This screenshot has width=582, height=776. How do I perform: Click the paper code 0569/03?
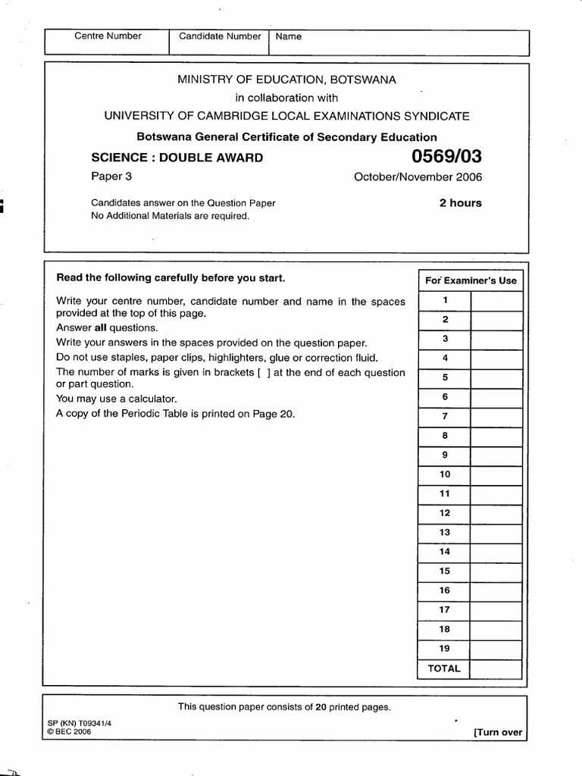pyautogui.click(x=446, y=158)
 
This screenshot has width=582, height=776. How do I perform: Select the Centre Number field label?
pyautogui.click(x=107, y=36)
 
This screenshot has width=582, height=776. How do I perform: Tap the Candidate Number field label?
pyautogui.click(x=220, y=36)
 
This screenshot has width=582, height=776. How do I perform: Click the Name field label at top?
pyautogui.click(x=289, y=36)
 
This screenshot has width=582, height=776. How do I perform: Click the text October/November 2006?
pyautogui.click(x=418, y=178)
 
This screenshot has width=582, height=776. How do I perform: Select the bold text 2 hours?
pyautogui.click(x=460, y=203)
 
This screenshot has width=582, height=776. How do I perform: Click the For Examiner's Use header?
pyautogui.click(x=471, y=280)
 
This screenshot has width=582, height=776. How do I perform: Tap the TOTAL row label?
pyautogui.click(x=444, y=668)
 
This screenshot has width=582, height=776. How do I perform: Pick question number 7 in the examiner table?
pyautogui.click(x=445, y=416)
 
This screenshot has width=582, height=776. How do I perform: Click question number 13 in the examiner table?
pyautogui.click(x=445, y=532)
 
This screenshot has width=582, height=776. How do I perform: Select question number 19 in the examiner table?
pyautogui.click(x=445, y=649)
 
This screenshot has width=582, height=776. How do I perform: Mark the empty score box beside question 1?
pyautogui.click(x=496, y=301)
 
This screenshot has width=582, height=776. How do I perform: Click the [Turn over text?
pyautogui.click(x=497, y=732)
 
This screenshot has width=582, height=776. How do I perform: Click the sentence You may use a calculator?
pyautogui.click(x=116, y=399)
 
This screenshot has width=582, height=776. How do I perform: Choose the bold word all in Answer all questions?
pyautogui.click(x=101, y=328)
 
